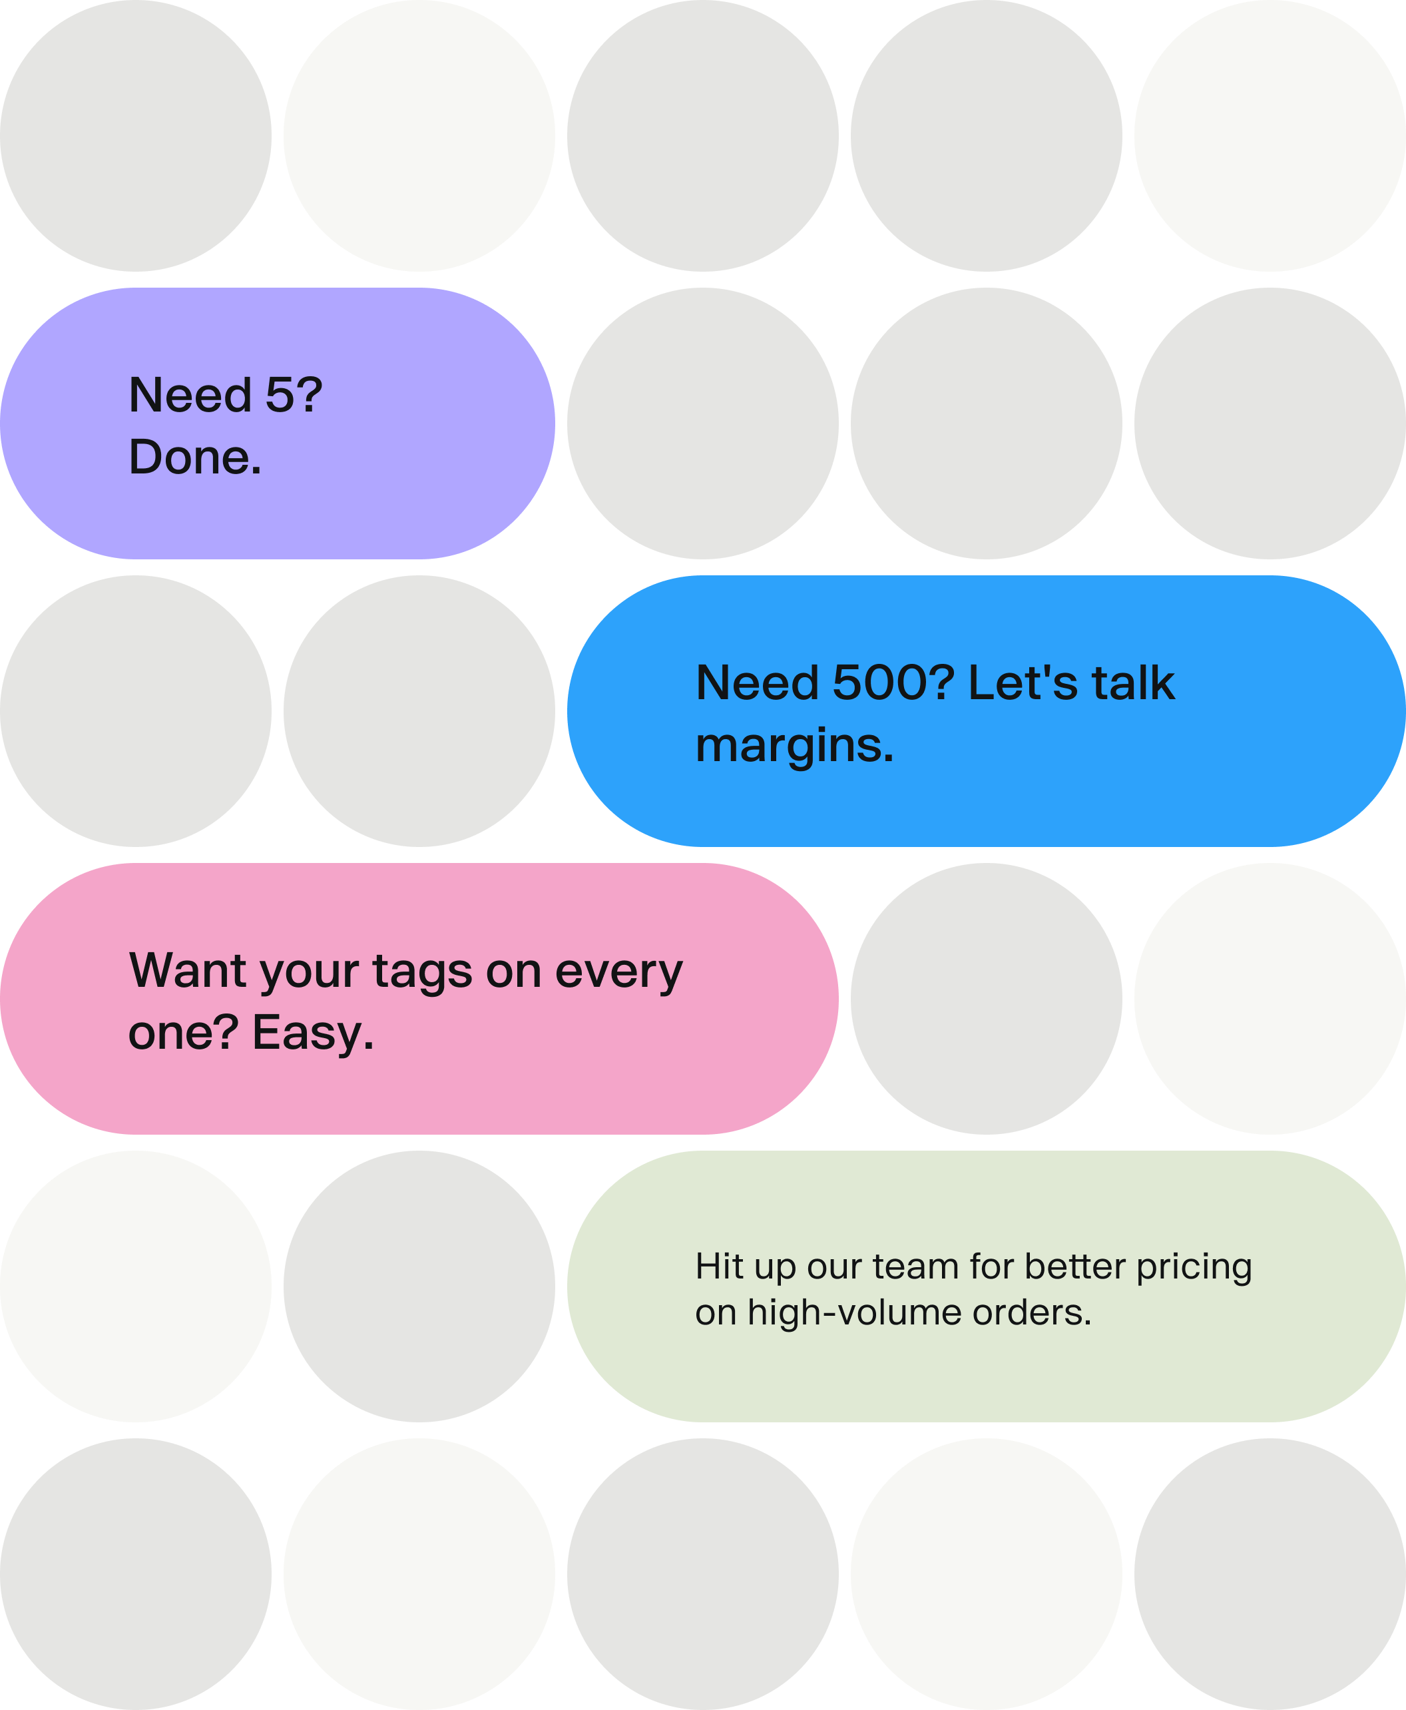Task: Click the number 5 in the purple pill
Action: [282, 396]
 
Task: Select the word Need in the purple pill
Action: [190, 396]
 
